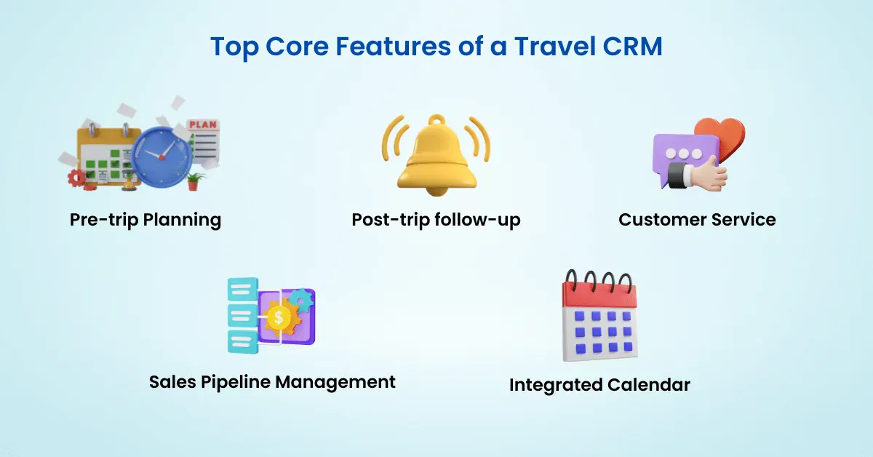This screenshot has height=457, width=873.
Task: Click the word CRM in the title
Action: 632,47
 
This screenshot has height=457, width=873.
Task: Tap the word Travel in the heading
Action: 555,47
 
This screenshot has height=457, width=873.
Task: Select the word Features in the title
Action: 393,47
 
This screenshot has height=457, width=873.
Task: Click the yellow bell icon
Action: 436,155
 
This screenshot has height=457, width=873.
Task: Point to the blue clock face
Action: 162,156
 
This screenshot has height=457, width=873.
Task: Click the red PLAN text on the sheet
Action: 203,124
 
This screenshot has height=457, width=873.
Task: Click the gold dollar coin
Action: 278,318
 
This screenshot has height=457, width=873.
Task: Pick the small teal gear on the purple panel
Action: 302,300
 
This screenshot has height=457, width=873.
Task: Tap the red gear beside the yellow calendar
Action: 77,178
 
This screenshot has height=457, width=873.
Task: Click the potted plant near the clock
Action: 194,181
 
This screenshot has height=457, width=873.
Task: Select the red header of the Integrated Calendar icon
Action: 599,295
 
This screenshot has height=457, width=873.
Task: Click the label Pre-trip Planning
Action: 145,220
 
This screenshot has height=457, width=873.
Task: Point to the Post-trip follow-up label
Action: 436,220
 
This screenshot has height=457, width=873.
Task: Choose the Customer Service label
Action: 697,220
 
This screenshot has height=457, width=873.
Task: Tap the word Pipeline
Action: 236,382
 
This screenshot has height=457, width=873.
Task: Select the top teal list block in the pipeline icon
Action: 242,289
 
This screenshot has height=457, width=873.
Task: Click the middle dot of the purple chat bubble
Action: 683,154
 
